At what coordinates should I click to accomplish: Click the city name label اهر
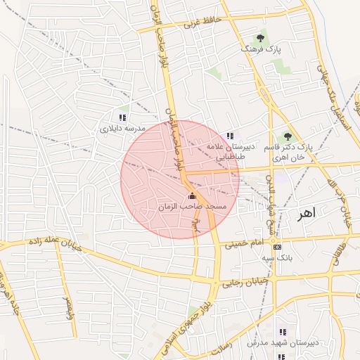pyautogui.click(x=307, y=212)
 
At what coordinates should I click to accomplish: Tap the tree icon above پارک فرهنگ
pyautogui.click(x=261, y=38)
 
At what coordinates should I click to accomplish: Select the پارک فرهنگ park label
pyautogui.click(x=260, y=51)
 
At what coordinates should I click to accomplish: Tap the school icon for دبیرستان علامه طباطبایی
pyautogui.click(x=229, y=136)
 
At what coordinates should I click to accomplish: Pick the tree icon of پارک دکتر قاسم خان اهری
pyautogui.click(x=287, y=136)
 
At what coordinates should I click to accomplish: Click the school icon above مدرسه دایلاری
pyautogui.click(x=122, y=117)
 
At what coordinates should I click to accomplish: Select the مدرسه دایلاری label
pyautogui.click(x=122, y=129)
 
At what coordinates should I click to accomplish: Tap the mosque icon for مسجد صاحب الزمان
pyautogui.click(x=193, y=195)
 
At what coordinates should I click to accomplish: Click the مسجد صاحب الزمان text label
pyautogui.click(x=192, y=207)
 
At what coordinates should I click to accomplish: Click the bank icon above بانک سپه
pyautogui.click(x=277, y=247)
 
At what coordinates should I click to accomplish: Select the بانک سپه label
pyautogui.click(x=277, y=258)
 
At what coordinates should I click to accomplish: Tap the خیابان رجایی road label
pyautogui.click(x=242, y=284)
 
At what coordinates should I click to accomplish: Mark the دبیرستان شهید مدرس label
pyautogui.click(x=283, y=342)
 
